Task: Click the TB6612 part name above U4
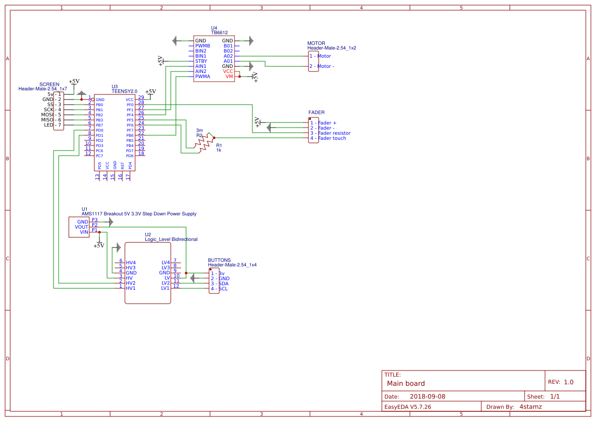[x=219, y=33]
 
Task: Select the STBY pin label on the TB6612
[x=201, y=61]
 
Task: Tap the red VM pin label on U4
[x=229, y=77]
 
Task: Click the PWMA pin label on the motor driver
[x=202, y=77]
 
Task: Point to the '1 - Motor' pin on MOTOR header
[x=320, y=56]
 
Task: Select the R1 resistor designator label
[x=219, y=145]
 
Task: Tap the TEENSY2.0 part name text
[x=124, y=91]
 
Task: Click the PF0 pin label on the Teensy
[x=130, y=105]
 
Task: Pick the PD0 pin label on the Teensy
[x=99, y=130]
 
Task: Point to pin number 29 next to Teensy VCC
[x=141, y=97]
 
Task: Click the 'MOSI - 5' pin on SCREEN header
[x=51, y=115]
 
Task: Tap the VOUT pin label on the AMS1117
[x=82, y=227]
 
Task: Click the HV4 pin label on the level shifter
[x=131, y=263]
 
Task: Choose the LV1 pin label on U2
[x=165, y=288]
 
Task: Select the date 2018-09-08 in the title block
[x=427, y=396]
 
